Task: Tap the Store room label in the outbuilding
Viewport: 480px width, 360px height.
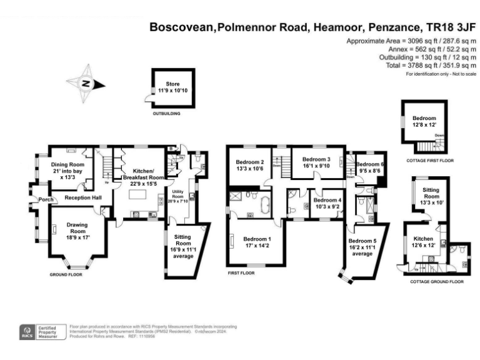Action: point(172,87)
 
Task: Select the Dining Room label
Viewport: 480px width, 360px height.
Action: point(71,169)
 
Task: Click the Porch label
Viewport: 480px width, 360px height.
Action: point(44,201)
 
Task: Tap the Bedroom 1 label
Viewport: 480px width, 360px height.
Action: point(257,242)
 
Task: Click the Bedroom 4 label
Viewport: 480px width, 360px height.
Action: point(327,204)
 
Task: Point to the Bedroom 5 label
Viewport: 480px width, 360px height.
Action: point(362,244)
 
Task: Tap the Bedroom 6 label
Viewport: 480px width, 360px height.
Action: point(369,167)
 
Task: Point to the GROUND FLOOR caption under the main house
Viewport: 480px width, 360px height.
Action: point(66,274)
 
